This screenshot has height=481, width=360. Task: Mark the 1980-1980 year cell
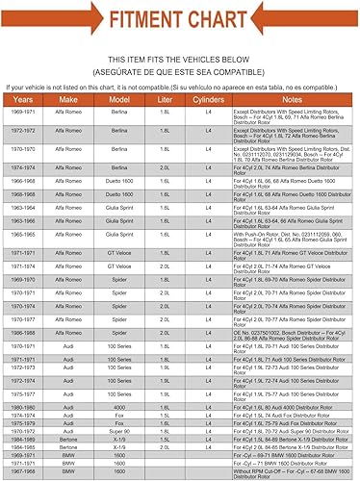(22, 407)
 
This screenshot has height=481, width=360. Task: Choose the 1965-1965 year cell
(22, 234)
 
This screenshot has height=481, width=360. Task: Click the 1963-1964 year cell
(22, 206)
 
